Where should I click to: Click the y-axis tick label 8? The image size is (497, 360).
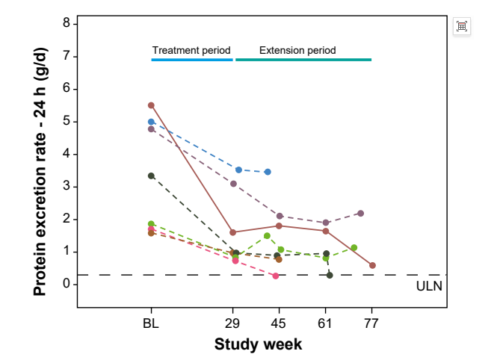(x=67, y=23)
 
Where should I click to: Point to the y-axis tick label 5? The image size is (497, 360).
(x=67, y=121)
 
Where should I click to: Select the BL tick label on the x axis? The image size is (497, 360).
(x=151, y=323)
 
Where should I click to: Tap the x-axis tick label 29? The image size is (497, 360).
(x=233, y=323)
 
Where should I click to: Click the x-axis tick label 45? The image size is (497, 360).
(x=279, y=323)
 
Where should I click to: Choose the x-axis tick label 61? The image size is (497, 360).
(x=325, y=323)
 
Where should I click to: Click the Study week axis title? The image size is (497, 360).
(x=258, y=344)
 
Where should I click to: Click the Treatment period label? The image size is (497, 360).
(x=191, y=51)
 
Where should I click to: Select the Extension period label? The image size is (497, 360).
(x=297, y=51)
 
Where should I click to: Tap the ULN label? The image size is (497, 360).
(x=428, y=286)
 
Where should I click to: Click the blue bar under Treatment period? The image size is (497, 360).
(x=192, y=59)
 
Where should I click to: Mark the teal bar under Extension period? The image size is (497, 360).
(x=303, y=59)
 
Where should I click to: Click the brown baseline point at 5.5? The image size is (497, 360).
(x=151, y=105)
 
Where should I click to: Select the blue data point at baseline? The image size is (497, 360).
(x=151, y=122)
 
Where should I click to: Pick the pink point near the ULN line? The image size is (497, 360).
(x=276, y=276)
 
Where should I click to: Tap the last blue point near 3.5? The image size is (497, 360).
(x=268, y=172)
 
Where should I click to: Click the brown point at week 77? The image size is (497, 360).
(x=372, y=265)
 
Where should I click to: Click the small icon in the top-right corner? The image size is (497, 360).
(x=462, y=26)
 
